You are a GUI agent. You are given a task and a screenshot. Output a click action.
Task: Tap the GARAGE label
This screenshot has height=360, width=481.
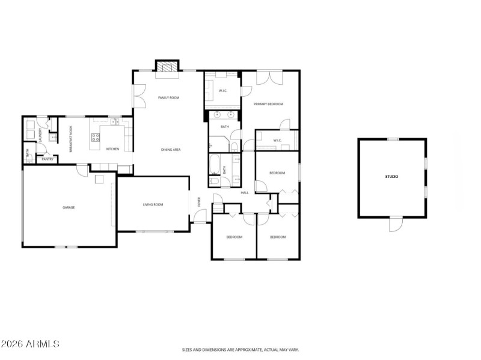(69, 207)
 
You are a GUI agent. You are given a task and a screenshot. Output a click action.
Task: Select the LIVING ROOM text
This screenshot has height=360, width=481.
(153, 204)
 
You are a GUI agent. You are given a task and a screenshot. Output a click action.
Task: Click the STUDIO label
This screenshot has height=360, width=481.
(392, 177)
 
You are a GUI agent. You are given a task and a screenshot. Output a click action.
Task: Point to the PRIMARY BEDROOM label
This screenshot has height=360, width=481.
(268, 104)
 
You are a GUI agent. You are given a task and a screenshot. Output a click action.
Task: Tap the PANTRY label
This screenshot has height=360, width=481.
(47, 159)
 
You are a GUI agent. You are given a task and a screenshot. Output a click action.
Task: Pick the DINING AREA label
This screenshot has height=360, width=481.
(171, 149)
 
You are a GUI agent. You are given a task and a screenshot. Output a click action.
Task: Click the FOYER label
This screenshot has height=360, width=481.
(200, 202)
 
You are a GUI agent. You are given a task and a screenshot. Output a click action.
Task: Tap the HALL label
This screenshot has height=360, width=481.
(245, 192)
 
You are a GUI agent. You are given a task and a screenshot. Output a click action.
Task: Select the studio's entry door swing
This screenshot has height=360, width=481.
(394, 225)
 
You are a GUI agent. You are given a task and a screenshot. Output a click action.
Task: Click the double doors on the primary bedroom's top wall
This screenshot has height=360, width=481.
(269, 78)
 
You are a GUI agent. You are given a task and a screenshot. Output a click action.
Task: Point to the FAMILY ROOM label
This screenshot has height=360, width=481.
(169, 97)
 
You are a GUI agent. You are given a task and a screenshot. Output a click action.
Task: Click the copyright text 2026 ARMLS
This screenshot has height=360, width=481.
(30, 344)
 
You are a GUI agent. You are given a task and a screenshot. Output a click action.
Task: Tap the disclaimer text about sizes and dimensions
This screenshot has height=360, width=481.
(240, 349)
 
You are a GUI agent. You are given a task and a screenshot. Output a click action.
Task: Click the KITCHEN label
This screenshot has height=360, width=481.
(112, 149)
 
